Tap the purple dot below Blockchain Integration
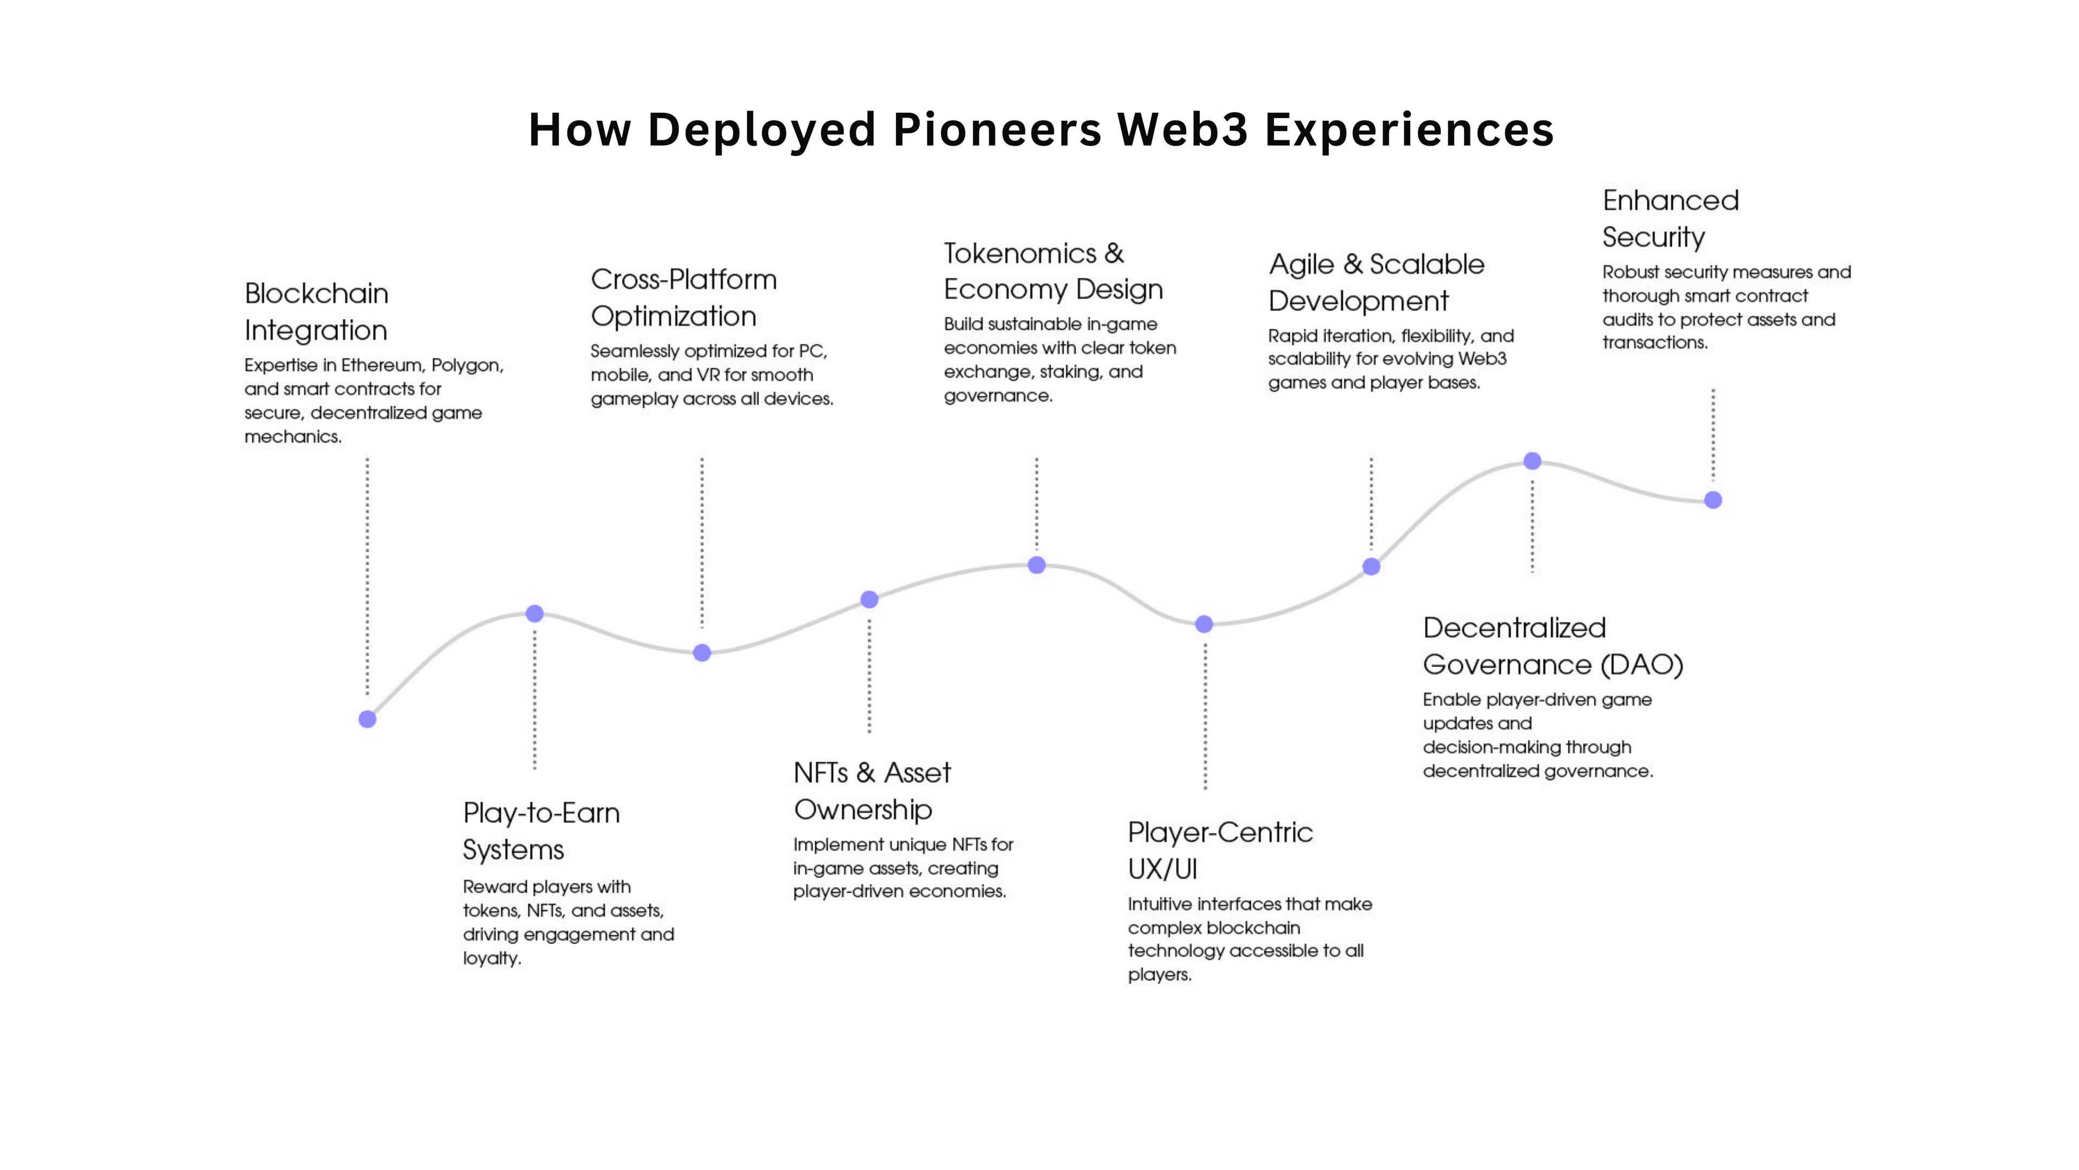pyautogui.click(x=367, y=719)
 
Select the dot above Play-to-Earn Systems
pyautogui.click(x=534, y=614)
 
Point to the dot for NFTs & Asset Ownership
pyautogui.click(x=869, y=599)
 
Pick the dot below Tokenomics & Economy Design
pyautogui.click(x=1037, y=565)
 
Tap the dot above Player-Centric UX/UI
pyautogui.click(x=1204, y=624)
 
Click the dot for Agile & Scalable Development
pyautogui.click(x=1371, y=566)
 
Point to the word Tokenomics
pyautogui.click(x=1020, y=253)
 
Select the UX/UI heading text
pyautogui.click(x=1162, y=869)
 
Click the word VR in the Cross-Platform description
pyautogui.click(x=710, y=375)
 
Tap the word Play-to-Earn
pyautogui.click(x=541, y=813)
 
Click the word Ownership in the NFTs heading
pyautogui.click(x=863, y=809)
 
